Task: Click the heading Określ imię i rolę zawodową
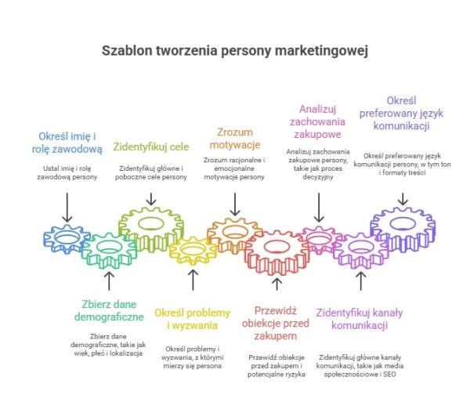coord(67,142)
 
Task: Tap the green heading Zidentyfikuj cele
coord(151,147)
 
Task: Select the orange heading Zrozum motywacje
coord(234,138)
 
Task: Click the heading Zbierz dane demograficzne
coord(109,310)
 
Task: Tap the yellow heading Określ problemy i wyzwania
coord(193,319)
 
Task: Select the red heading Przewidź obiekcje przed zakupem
coord(276,321)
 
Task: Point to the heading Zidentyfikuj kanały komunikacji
coord(360,319)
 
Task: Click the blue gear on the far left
coord(67,237)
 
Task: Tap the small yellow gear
coord(193,251)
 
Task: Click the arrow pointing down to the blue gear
coord(67,208)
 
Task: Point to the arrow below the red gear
coord(276,283)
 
